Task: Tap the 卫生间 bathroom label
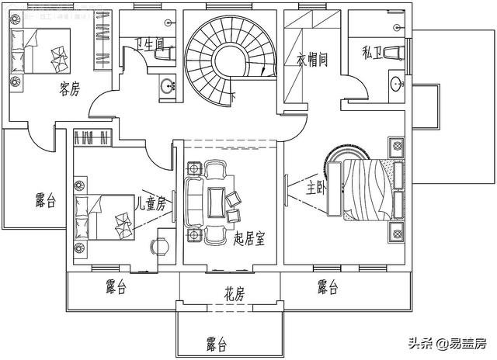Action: pyautogui.click(x=147, y=45)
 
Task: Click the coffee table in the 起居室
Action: pyautogui.click(x=215, y=199)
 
